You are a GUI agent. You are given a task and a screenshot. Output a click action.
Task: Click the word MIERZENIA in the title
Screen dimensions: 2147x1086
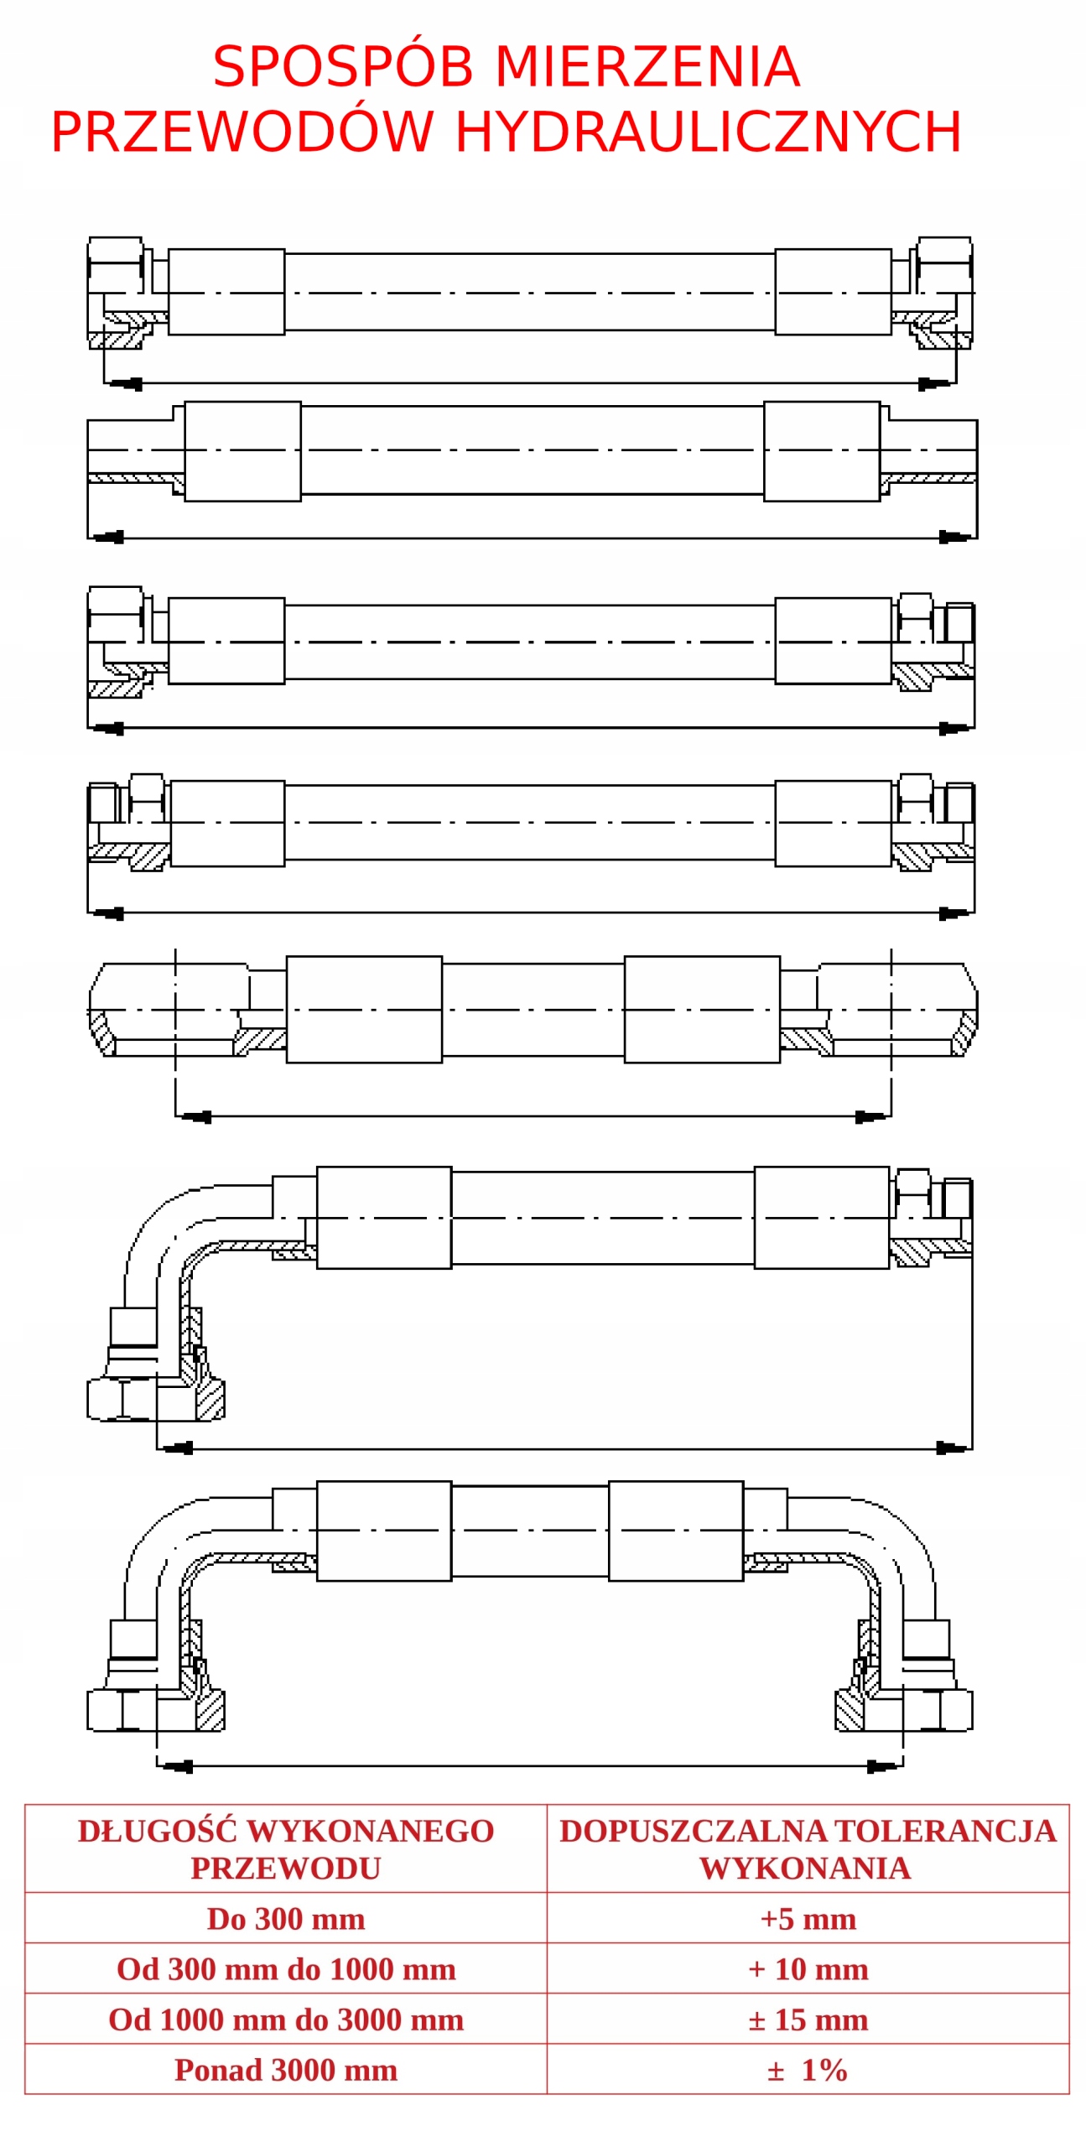(x=647, y=67)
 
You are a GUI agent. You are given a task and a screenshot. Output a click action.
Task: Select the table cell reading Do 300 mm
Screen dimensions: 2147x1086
(x=285, y=1919)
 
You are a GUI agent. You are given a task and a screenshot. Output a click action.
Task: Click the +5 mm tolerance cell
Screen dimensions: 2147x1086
(x=808, y=1919)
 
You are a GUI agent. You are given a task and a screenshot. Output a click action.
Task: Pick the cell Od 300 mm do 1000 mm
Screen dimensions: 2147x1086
(x=285, y=1969)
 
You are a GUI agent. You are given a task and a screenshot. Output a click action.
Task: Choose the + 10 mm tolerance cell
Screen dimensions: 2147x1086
(x=808, y=1969)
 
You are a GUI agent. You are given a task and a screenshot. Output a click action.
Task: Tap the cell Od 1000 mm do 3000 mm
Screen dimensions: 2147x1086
(x=285, y=2020)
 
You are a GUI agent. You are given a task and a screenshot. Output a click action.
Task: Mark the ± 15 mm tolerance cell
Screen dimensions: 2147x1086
(x=808, y=2020)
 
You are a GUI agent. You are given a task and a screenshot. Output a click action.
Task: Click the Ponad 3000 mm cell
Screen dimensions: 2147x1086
(x=285, y=2070)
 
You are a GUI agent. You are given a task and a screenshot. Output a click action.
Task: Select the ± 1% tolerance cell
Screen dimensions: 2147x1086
(x=808, y=2070)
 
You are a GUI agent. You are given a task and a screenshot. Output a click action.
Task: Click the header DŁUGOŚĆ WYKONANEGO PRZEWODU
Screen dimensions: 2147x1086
(x=285, y=1849)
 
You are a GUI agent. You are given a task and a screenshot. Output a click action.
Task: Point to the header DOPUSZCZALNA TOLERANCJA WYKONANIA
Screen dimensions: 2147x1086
(x=808, y=1849)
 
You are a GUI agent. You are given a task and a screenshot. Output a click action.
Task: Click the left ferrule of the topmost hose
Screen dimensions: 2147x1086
(x=226, y=292)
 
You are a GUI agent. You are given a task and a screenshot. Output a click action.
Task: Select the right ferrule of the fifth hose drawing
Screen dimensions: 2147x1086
(x=701, y=1009)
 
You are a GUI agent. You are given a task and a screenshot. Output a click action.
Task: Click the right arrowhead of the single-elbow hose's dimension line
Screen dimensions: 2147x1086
(x=952, y=1448)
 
